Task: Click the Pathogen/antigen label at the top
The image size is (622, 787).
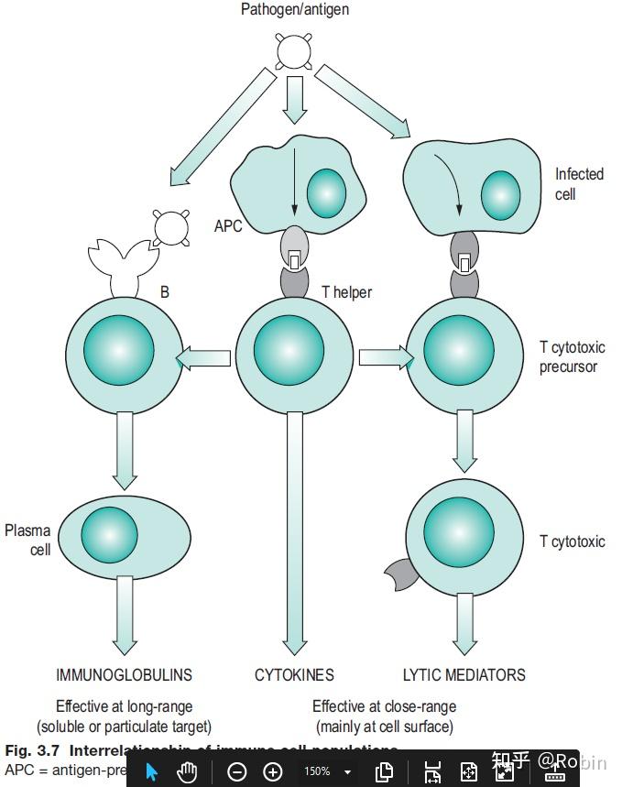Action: pos(294,10)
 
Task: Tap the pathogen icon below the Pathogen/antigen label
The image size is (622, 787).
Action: pos(293,50)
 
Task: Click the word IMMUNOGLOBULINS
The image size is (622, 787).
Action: pos(124,675)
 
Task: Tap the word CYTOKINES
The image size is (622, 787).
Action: pos(294,675)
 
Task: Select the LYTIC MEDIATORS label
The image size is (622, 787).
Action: pos(464,675)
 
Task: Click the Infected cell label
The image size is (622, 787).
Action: pos(579,184)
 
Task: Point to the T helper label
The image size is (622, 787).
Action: pos(346,292)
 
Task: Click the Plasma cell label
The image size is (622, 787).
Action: pos(28,541)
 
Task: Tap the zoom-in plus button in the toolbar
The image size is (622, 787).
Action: pos(272,771)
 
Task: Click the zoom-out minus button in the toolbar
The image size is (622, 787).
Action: pos(236,771)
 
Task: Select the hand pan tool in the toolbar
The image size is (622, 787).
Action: pos(187,771)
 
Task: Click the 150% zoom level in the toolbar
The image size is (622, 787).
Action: pos(317,771)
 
